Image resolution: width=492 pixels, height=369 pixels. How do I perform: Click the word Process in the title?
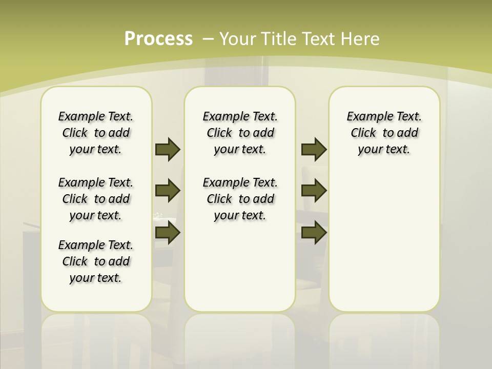pos(158,39)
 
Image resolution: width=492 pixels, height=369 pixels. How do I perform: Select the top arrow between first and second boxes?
pos(168,149)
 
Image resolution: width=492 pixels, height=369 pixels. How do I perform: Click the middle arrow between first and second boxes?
pos(168,191)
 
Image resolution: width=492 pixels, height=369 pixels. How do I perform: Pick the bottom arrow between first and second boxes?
pos(168,233)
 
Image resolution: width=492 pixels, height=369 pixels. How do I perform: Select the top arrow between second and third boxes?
pos(314,149)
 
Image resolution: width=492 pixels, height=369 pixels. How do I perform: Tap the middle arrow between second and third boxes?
pos(314,191)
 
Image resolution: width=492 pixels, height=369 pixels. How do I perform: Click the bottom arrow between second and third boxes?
pos(314,233)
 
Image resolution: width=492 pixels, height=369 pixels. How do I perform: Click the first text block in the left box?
pos(96,133)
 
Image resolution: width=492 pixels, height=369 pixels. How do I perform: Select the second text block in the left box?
pos(96,199)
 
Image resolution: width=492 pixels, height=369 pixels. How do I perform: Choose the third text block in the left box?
pos(96,261)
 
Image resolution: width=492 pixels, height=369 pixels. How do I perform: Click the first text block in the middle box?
pos(240,133)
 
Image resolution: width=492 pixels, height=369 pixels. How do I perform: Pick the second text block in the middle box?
pos(240,199)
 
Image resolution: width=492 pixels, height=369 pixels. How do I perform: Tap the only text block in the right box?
pos(384,133)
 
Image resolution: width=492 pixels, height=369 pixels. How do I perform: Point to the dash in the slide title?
pos(208,39)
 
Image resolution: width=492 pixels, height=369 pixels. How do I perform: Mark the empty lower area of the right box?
pos(384,241)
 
